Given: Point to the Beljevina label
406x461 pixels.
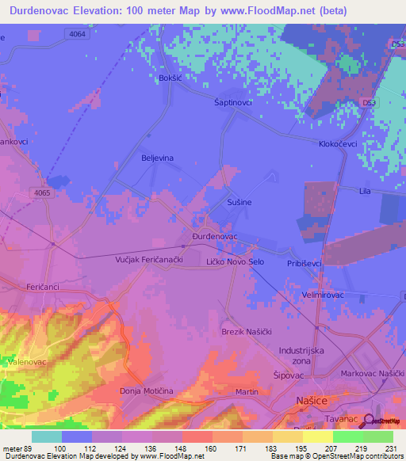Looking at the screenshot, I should (157, 158).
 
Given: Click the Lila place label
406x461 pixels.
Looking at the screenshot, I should (365, 192).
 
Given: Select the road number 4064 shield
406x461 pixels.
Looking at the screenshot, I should (78, 33).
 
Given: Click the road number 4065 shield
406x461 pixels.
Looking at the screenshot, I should (43, 192).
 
